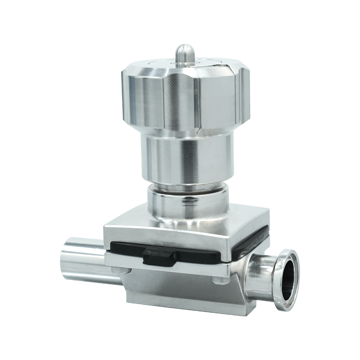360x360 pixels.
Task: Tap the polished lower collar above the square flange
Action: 189,207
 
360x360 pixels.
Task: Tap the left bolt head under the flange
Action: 119,270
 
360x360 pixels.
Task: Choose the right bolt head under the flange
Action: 220,280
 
